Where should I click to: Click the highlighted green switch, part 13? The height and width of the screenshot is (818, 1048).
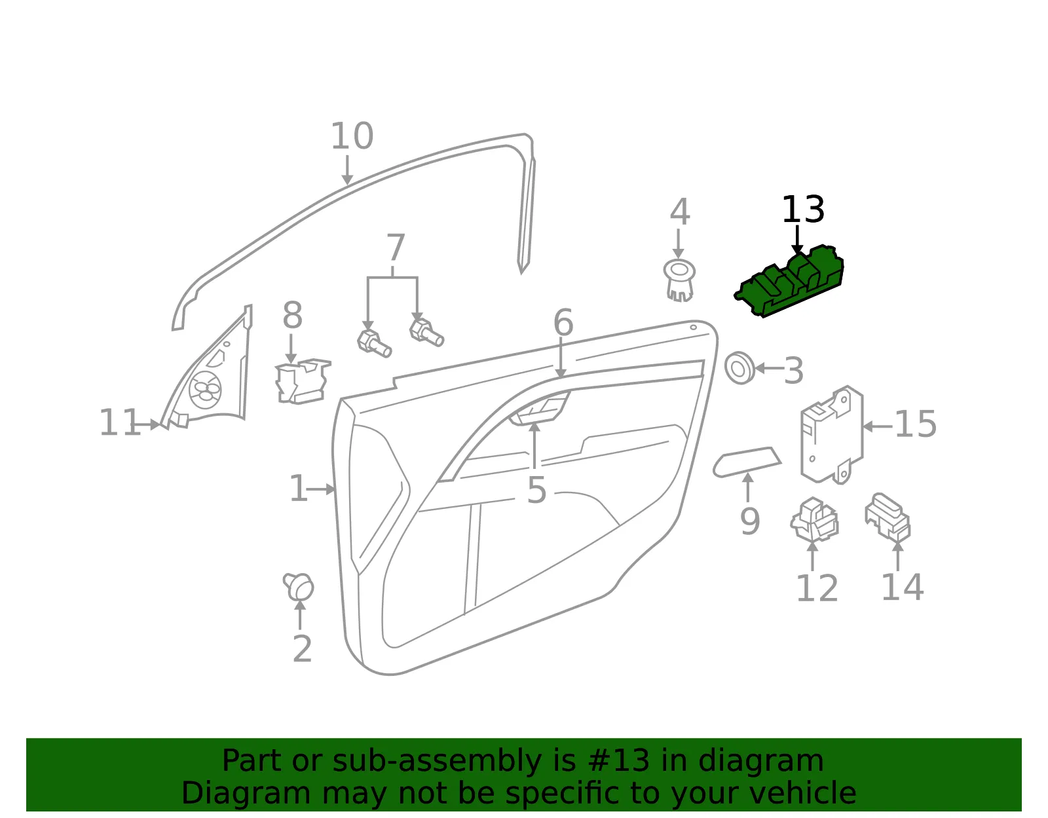(790, 282)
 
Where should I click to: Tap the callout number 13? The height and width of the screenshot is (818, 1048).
(803, 210)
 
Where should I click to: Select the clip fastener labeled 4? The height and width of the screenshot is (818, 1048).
(679, 281)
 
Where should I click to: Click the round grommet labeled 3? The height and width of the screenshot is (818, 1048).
(739, 368)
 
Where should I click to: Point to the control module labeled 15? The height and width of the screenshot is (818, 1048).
(831, 435)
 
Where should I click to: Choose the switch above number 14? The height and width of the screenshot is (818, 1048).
(888, 517)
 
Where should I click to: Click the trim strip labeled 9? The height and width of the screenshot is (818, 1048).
(747, 462)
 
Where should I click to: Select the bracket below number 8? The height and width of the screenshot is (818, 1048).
(303, 381)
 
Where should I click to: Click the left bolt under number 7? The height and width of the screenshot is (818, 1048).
(374, 344)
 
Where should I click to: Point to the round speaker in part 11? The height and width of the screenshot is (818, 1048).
(206, 390)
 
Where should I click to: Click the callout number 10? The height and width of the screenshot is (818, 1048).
(352, 136)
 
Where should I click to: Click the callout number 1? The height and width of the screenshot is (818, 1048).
(298, 489)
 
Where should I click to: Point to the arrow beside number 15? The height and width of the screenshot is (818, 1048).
(877, 426)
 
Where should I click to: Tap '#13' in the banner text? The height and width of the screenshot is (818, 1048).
(619, 760)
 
